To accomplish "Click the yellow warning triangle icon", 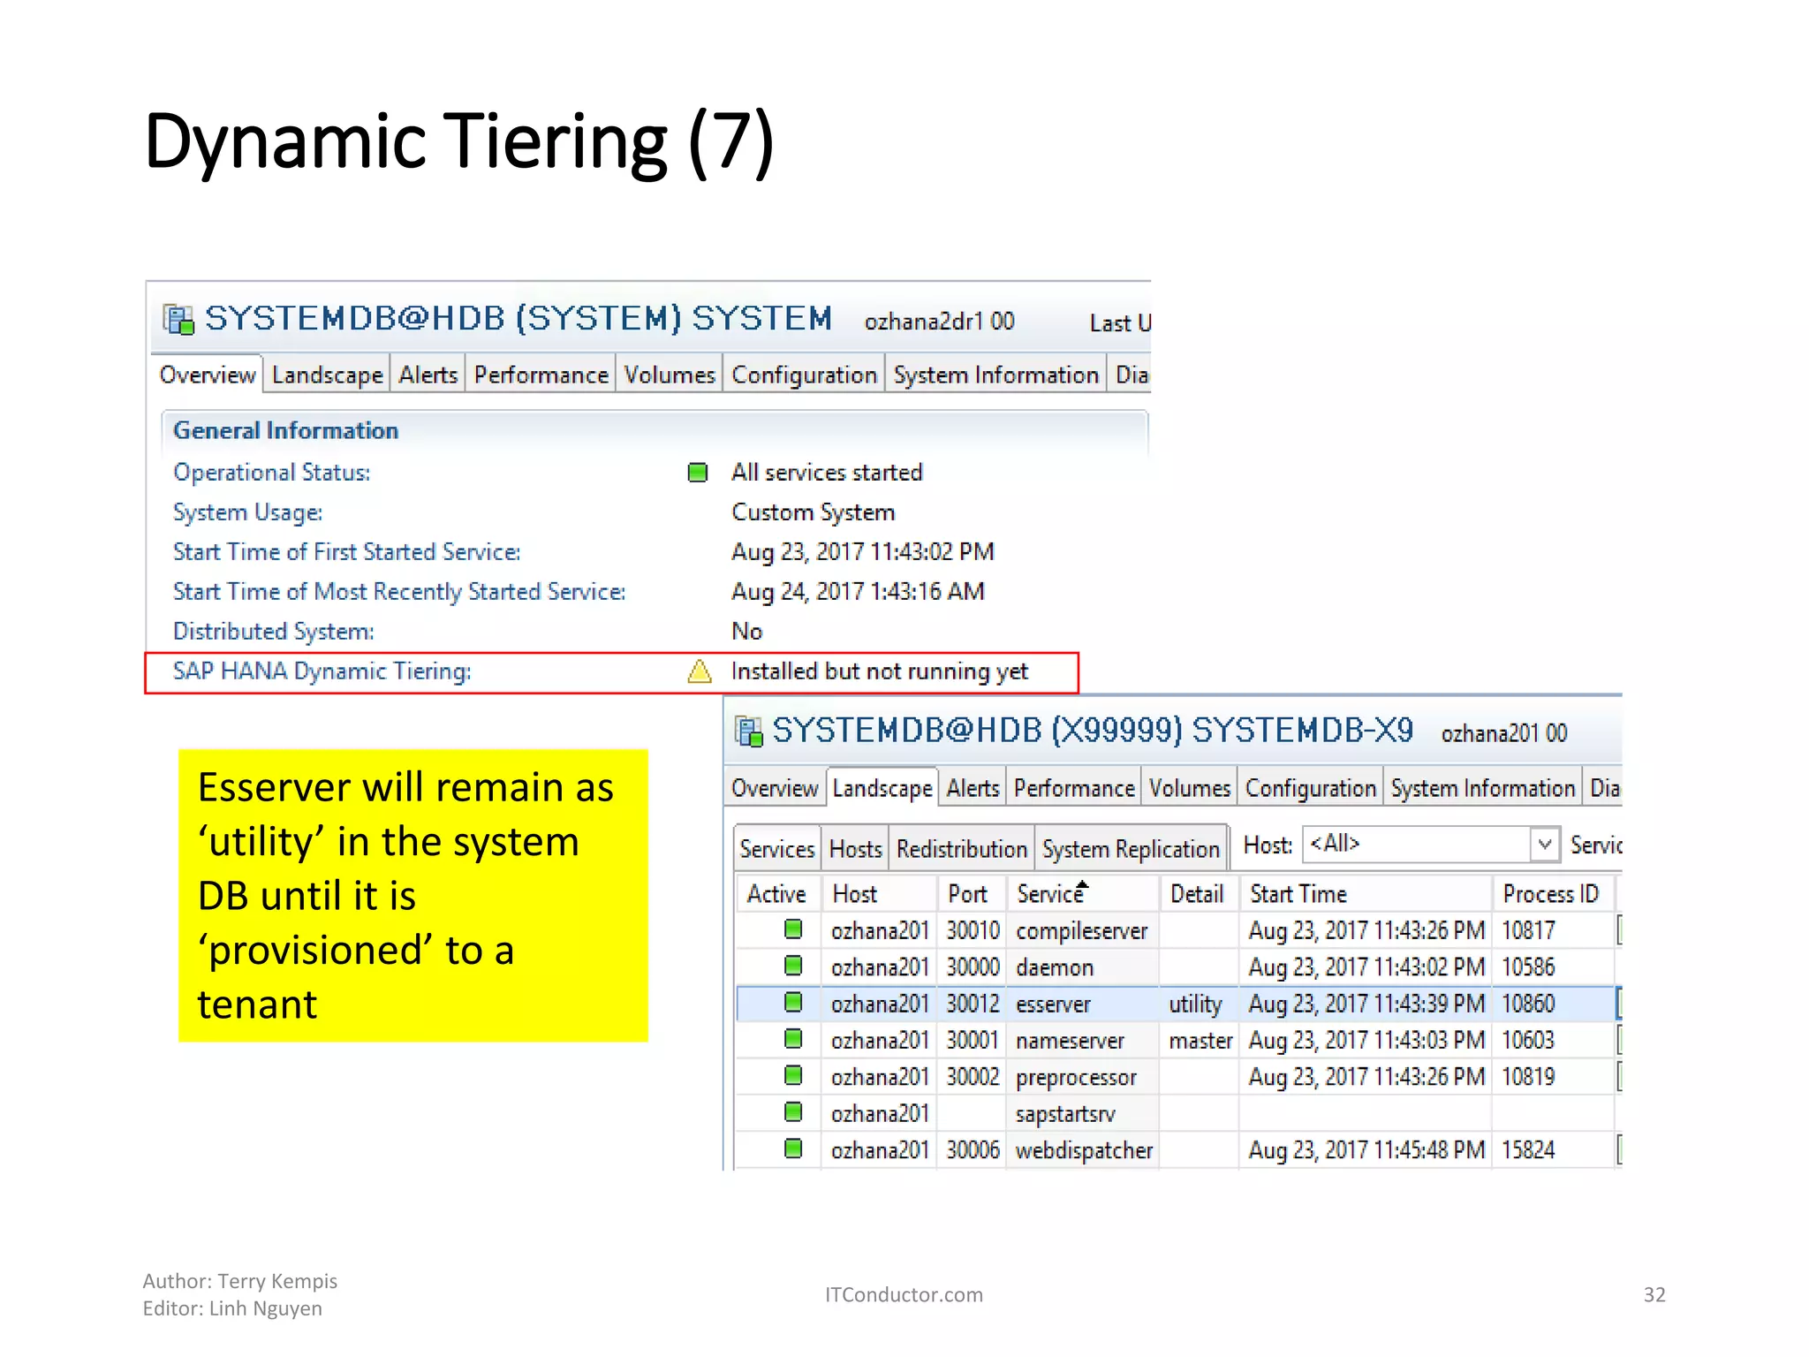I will pyautogui.click(x=700, y=671).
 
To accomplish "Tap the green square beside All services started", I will pyautogui.click(x=698, y=473).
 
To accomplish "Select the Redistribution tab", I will pyautogui.click(x=961, y=849).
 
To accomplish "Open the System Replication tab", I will pyautogui.click(x=1131, y=849).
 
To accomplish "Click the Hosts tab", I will pyautogui.click(x=855, y=849).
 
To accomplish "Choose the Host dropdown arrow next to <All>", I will pyautogui.click(x=1544, y=845).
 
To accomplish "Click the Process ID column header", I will pyautogui.click(x=1550, y=894).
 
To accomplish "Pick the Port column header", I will pyautogui.click(x=967, y=894).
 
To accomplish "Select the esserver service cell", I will pyautogui.click(x=1053, y=1004).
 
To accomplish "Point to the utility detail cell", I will pyautogui.click(x=1195, y=1004).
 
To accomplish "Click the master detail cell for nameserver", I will pyautogui.click(x=1200, y=1041).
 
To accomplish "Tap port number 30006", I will pyautogui.click(x=973, y=1150).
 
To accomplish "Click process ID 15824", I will pyautogui.click(x=1528, y=1150).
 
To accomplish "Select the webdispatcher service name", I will pyautogui.click(x=1084, y=1150).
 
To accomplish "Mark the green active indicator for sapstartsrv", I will pyautogui.click(x=793, y=1112).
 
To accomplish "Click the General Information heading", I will pyautogui.click(x=285, y=430).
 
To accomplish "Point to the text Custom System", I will pyautogui.click(x=813, y=512).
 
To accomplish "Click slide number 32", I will pyautogui.click(x=1654, y=1294).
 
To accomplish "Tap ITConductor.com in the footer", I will pyautogui.click(x=904, y=1294).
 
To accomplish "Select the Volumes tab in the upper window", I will pyautogui.click(x=669, y=375).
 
